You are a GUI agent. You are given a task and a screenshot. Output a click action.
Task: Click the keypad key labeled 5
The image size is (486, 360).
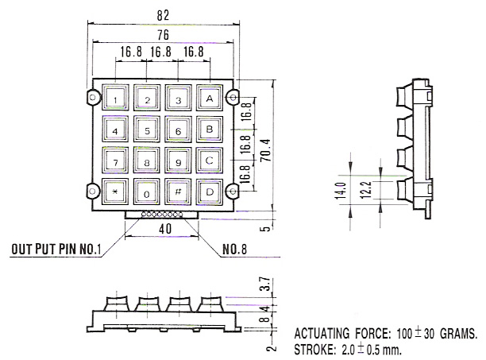[x=147, y=129]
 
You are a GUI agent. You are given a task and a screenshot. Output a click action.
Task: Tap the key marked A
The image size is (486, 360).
[x=210, y=98]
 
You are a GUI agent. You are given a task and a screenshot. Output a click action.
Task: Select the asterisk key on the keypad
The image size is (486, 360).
[x=115, y=192]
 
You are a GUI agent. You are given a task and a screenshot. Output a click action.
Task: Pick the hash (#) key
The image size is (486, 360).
[x=178, y=192]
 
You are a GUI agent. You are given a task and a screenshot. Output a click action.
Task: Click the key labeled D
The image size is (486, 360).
[x=210, y=192]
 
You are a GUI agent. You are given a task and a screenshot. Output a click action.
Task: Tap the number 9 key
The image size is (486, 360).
[x=178, y=161]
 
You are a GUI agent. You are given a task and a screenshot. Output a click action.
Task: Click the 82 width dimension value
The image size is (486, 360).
[x=163, y=16]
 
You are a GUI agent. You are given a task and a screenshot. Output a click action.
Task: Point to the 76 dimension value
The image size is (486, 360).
[x=163, y=35]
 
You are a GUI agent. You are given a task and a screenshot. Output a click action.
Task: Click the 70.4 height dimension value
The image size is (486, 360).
[x=266, y=150]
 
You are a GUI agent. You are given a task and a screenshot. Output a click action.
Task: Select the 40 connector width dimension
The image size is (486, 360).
[x=165, y=229]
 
